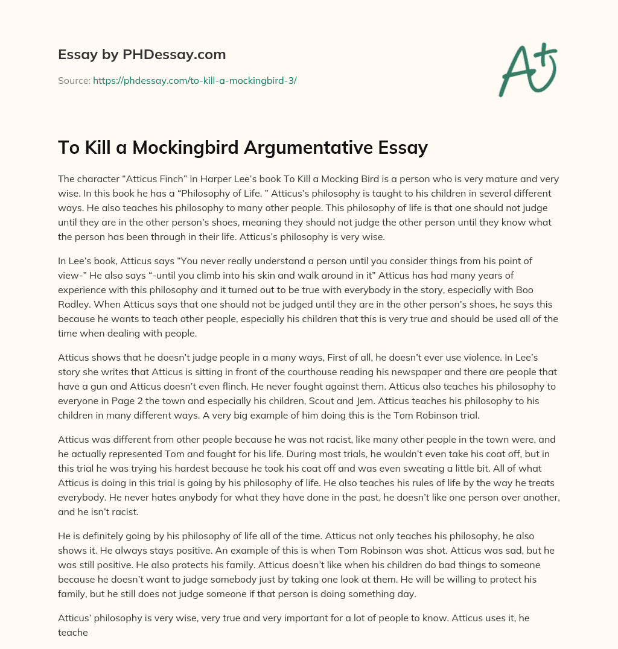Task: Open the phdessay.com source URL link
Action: pos(194,80)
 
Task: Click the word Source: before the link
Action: pos(74,80)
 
